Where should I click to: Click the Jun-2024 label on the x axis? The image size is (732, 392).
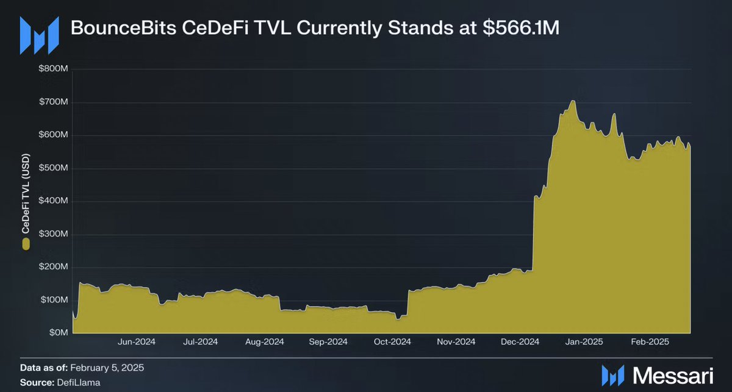click(x=136, y=341)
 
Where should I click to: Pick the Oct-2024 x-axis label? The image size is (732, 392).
click(x=392, y=341)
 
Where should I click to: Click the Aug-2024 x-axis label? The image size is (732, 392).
click(x=264, y=341)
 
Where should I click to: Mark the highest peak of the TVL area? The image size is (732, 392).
click(x=573, y=101)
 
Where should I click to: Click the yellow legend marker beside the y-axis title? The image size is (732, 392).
click(x=26, y=244)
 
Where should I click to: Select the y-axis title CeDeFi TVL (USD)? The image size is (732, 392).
click(x=26, y=194)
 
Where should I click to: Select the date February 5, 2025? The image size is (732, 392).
click(x=107, y=368)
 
